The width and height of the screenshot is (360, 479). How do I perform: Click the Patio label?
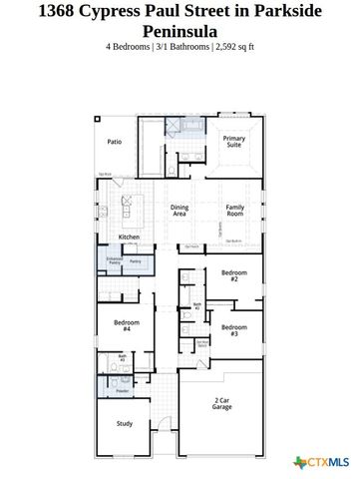(115, 143)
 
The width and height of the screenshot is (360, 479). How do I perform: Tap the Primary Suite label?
(233, 142)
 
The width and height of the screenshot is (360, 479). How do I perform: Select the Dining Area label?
(180, 210)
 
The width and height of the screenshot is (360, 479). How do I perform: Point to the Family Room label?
(234, 210)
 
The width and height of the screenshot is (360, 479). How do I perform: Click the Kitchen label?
(130, 237)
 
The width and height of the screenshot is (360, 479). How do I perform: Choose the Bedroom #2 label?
(234, 276)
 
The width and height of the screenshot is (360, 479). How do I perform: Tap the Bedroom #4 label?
(126, 324)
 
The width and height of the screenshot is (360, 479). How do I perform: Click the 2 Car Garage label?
(222, 404)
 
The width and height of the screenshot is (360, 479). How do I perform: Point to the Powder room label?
(122, 391)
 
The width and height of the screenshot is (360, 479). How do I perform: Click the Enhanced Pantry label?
(114, 261)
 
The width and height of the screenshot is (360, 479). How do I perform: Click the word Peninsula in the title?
(180, 31)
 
